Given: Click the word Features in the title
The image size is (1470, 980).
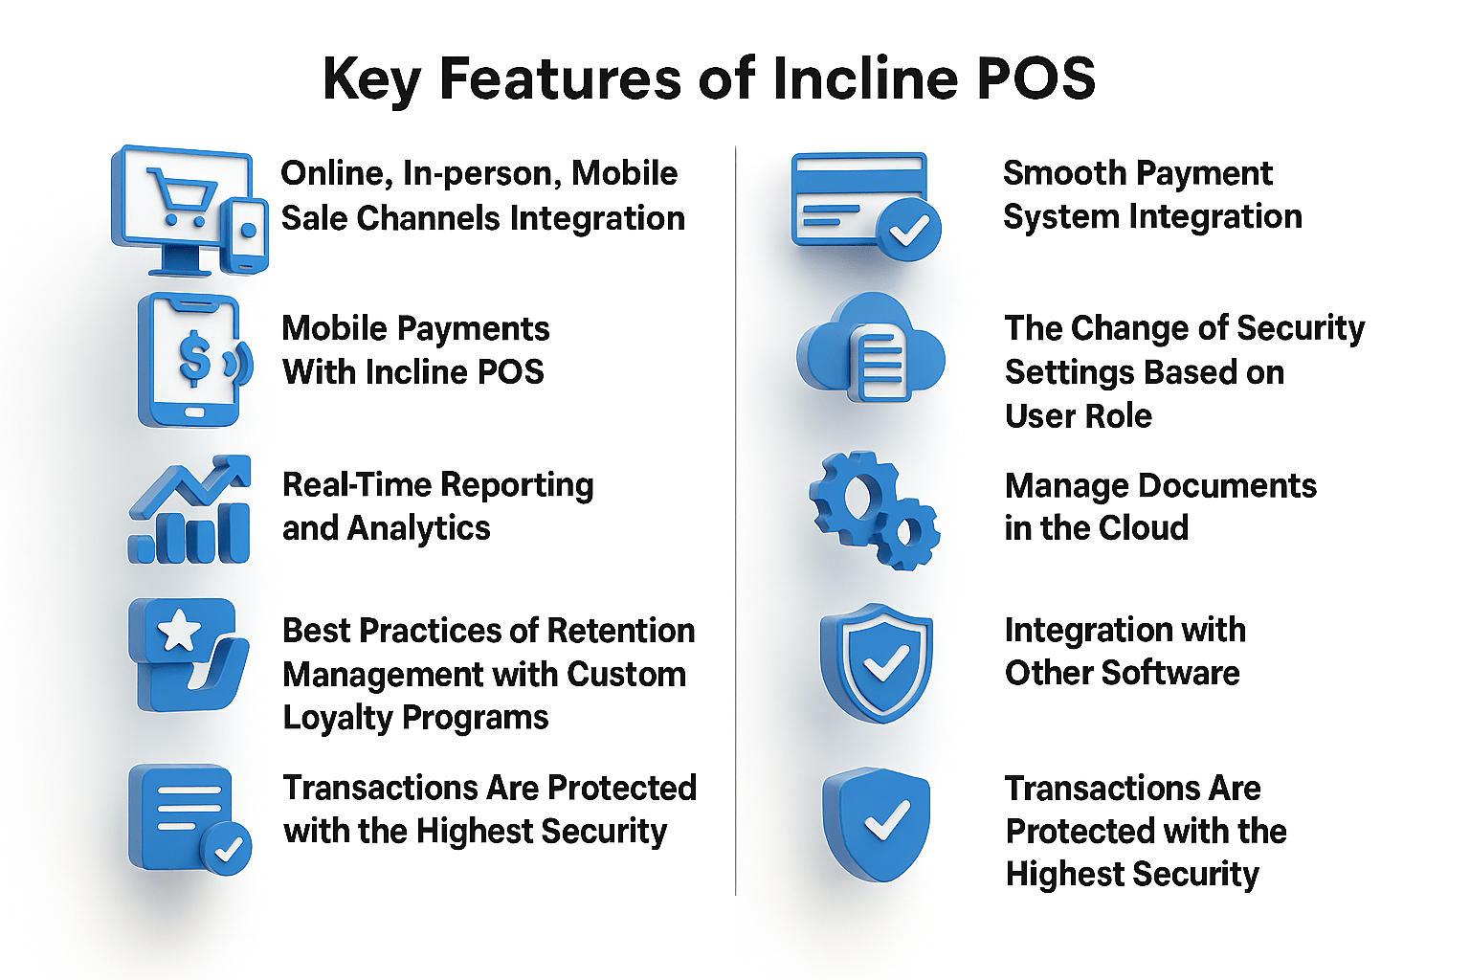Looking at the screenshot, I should (560, 78).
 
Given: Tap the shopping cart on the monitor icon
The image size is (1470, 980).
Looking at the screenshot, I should (181, 196).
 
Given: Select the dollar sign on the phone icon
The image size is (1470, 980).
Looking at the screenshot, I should (194, 358).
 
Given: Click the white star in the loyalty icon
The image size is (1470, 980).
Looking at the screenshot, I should (179, 633).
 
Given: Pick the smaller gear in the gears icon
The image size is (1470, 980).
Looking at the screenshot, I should (906, 532).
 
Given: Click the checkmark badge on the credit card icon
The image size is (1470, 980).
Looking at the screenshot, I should (908, 229).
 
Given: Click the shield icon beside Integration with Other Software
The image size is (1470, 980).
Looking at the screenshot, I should (877, 662).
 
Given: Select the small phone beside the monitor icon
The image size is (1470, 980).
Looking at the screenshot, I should (247, 234).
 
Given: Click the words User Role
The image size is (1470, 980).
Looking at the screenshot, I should (1079, 416).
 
